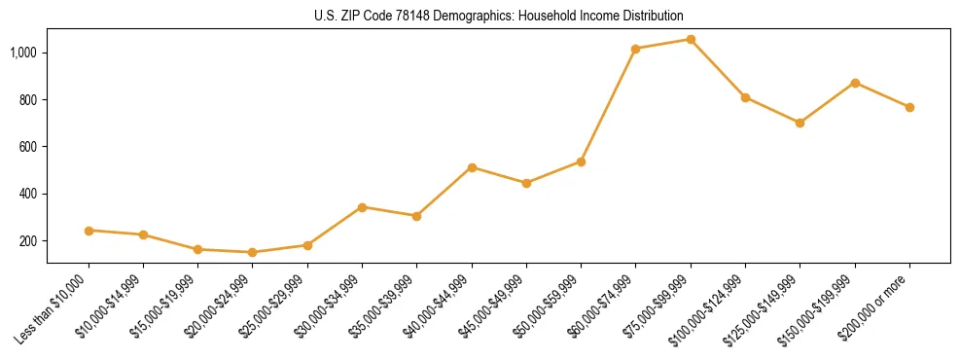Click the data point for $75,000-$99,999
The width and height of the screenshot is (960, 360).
click(691, 40)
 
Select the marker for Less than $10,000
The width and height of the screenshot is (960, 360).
click(89, 231)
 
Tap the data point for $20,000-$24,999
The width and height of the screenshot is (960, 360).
click(253, 252)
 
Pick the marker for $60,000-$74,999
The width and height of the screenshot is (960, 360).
click(636, 49)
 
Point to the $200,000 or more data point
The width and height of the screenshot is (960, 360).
click(909, 107)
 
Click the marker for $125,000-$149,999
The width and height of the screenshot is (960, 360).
click(800, 123)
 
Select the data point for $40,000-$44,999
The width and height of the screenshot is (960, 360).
click(472, 167)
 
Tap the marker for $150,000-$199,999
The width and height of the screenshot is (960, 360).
click(855, 83)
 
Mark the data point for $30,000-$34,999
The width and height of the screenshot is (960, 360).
click(362, 207)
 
